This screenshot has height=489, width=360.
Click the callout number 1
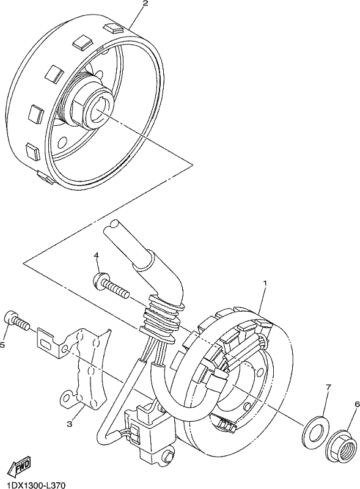265,284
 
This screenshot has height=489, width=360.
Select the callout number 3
70,424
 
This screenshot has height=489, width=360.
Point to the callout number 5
2,345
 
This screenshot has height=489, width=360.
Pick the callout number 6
357,404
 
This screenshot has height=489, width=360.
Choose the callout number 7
328,388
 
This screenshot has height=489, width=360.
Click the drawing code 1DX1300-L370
32,485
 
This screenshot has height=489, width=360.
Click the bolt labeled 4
111,285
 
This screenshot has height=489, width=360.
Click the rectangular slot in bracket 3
46,344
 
